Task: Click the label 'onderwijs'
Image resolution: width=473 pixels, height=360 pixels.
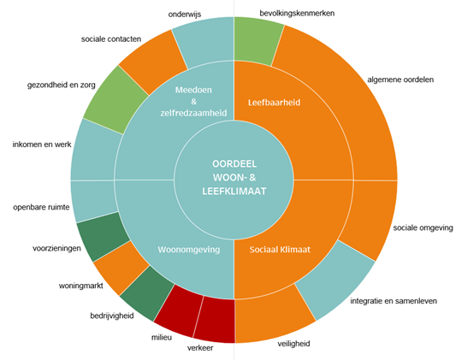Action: [x=185, y=15]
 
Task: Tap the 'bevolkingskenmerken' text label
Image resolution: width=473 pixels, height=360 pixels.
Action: [x=297, y=14]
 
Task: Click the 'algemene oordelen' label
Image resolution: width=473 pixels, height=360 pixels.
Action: [x=400, y=80]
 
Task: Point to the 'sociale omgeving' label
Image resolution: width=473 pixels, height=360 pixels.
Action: [x=423, y=227]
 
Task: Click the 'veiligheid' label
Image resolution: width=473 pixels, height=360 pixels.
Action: [x=293, y=344]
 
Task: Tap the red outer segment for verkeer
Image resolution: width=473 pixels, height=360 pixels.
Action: [x=215, y=320]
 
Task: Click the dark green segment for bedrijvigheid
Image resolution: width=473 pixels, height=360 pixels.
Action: [x=145, y=293]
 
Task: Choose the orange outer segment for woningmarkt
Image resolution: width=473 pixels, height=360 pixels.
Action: [x=120, y=267]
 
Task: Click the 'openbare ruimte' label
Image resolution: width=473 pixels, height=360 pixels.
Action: [x=41, y=208]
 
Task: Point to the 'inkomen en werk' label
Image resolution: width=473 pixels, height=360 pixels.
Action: [x=42, y=145]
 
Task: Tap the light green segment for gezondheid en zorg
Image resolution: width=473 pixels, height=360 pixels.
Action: [x=115, y=100]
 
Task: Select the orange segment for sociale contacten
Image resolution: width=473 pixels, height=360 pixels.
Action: [x=153, y=62]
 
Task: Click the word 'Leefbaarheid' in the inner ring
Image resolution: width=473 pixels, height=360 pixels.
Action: [x=274, y=103]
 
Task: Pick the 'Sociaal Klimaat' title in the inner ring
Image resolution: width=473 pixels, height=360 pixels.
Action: [x=280, y=250]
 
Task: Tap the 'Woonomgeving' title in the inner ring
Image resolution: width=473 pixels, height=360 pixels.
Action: [x=189, y=250]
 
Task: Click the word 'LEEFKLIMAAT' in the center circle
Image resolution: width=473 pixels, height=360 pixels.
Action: [x=234, y=192]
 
